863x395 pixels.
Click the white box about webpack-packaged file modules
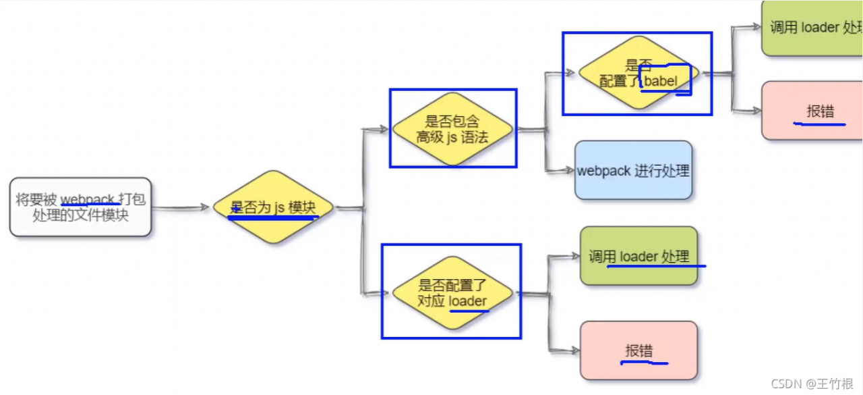click(80, 207)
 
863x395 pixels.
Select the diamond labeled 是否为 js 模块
click(273, 207)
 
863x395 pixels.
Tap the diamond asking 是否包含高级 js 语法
click(452, 128)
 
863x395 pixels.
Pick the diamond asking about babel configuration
click(637, 74)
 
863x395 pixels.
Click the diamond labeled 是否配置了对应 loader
click(452, 293)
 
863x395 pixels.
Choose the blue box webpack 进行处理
click(633, 170)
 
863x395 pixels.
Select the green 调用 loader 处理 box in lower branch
click(638, 256)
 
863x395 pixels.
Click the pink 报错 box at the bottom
click(638, 350)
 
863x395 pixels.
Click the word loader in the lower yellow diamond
click(467, 301)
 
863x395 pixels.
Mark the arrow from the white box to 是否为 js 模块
click(181, 208)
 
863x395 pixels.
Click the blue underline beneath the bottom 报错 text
click(644, 363)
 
